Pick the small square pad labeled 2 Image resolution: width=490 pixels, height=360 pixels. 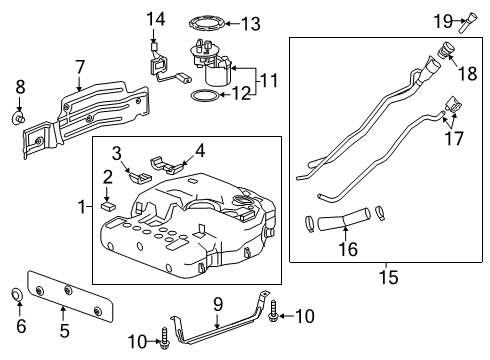(110, 208)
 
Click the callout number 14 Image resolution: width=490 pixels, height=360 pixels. (154, 19)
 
